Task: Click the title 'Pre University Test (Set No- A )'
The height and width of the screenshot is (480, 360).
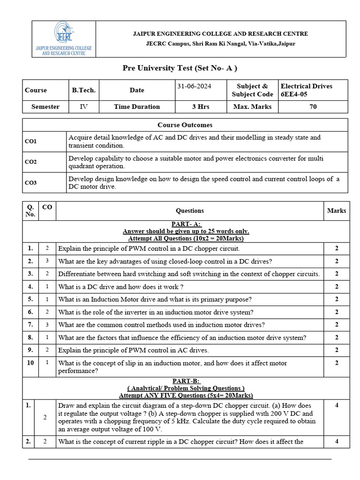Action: tap(180, 68)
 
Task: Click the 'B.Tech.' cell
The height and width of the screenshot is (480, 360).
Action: tap(83, 90)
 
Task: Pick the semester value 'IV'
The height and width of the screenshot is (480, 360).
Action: tap(83, 106)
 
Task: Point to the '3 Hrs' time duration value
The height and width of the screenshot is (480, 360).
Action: tap(201, 106)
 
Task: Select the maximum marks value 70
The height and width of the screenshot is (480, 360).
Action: tap(313, 106)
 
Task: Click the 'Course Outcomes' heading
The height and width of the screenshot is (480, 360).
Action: tap(185, 125)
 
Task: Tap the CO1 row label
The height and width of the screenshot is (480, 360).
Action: tap(31, 141)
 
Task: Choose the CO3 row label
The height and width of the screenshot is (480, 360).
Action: tap(31, 183)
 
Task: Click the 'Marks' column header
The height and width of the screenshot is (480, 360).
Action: tap(336, 211)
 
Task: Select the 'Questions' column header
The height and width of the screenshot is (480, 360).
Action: tap(189, 211)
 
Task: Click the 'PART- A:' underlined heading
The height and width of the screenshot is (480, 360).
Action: tap(186, 225)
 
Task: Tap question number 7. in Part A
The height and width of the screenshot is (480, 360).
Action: tap(30, 324)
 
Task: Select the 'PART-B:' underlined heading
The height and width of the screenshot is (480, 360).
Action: tap(186, 381)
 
